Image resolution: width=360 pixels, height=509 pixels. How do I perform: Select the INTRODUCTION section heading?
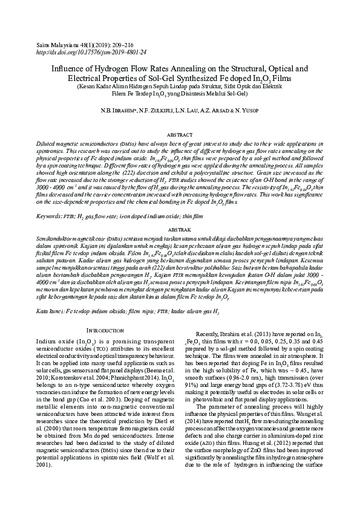click(x=106, y=331)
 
